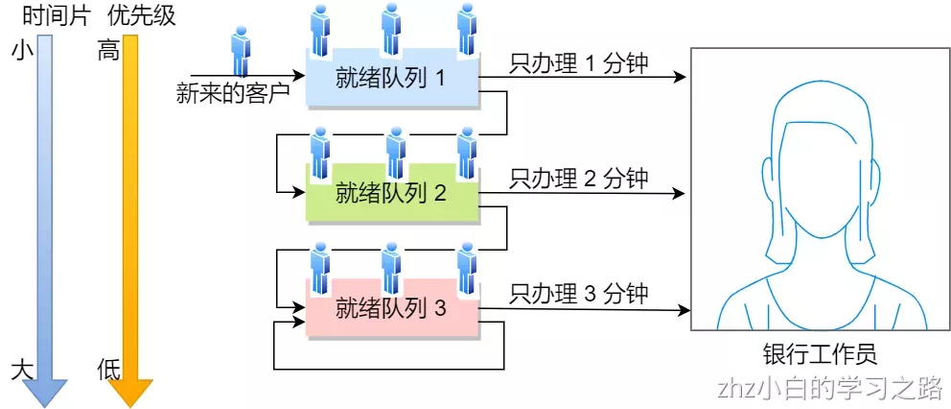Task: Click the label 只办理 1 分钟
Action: point(579,63)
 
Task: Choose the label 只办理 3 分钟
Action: point(579,293)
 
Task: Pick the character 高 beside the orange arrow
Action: point(108,51)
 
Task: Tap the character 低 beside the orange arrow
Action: point(108,371)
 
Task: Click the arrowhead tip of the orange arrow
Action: point(129,403)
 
